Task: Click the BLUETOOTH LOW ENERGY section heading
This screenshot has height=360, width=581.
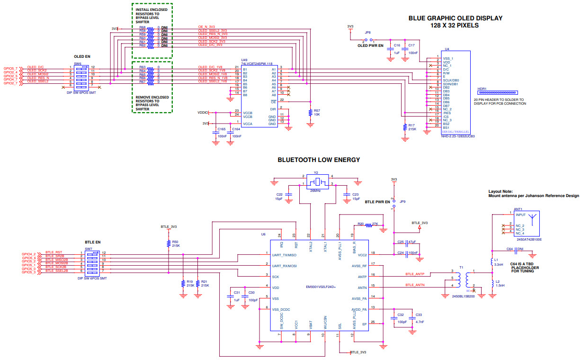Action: click(x=319, y=160)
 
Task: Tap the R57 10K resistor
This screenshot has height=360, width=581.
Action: click(x=310, y=113)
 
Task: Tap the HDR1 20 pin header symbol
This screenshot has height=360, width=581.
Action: click(x=498, y=93)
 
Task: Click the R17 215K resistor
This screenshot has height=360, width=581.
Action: click(x=405, y=127)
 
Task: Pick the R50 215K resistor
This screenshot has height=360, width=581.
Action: click(x=169, y=243)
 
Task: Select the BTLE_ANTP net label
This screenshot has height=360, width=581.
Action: click(x=415, y=274)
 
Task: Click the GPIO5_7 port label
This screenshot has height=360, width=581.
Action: click(x=10, y=68)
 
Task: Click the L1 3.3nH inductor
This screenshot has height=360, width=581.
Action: click(x=492, y=262)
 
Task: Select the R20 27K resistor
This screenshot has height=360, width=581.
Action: click(x=368, y=225)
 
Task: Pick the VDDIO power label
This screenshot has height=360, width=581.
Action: click(x=203, y=113)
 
